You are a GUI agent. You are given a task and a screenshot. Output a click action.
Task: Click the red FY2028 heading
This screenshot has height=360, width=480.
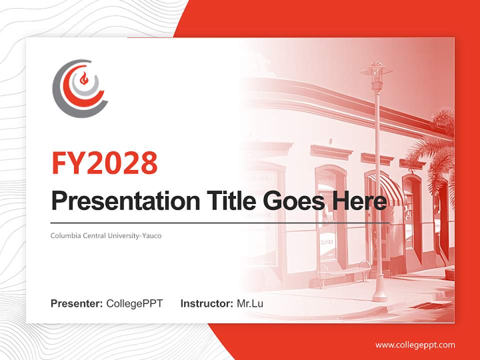click(x=104, y=162)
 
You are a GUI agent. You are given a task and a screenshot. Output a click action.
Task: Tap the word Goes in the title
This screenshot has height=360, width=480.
click(x=292, y=201)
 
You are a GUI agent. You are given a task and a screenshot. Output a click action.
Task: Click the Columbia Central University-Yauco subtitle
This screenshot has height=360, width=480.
click(x=106, y=235)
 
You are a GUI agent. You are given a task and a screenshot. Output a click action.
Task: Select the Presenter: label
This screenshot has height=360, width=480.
click(x=77, y=303)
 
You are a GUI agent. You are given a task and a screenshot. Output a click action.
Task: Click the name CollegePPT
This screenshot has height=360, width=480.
click(x=134, y=303)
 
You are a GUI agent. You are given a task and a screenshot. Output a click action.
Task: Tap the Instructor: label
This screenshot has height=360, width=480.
click(x=206, y=303)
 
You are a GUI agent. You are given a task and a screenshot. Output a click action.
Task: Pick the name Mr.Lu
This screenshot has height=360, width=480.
click(x=250, y=303)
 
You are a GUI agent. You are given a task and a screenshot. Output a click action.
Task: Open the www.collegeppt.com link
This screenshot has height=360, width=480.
click(x=415, y=344)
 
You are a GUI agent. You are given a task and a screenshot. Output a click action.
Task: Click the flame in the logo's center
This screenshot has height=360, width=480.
click(x=84, y=78)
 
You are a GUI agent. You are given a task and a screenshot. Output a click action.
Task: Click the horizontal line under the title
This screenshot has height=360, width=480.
click(x=220, y=223)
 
